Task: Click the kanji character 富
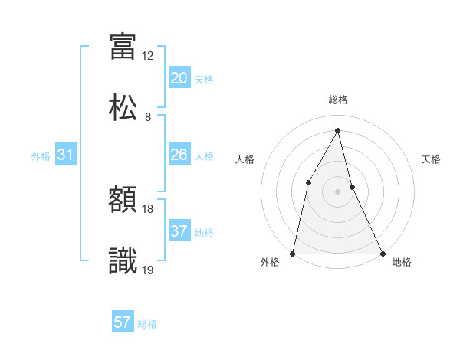pyautogui.click(x=123, y=47)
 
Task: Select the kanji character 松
pyautogui.click(x=123, y=107)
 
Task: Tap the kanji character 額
pyautogui.click(x=123, y=201)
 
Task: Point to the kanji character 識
pyautogui.click(x=123, y=260)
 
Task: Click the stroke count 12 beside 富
pyautogui.click(x=148, y=56)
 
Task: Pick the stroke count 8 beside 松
pyautogui.click(x=148, y=117)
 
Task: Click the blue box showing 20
pyautogui.click(x=179, y=78)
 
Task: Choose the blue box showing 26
pyautogui.click(x=179, y=155)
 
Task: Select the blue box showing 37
pyautogui.click(x=179, y=231)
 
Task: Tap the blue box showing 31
pyautogui.click(x=65, y=155)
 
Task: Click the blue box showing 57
pyautogui.click(x=123, y=322)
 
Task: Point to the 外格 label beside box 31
pyautogui.click(x=41, y=156)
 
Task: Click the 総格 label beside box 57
pyautogui.click(x=147, y=324)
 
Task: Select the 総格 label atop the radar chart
pyautogui.click(x=337, y=100)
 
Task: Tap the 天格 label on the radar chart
pyautogui.click(x=431, y=159)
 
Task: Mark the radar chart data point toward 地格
pyautogui.click(x=382, y=253)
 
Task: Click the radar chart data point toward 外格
pyautogui.click(x=293, y=253)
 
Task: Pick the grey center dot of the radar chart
pyautogui.click(x=337, y=191)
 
